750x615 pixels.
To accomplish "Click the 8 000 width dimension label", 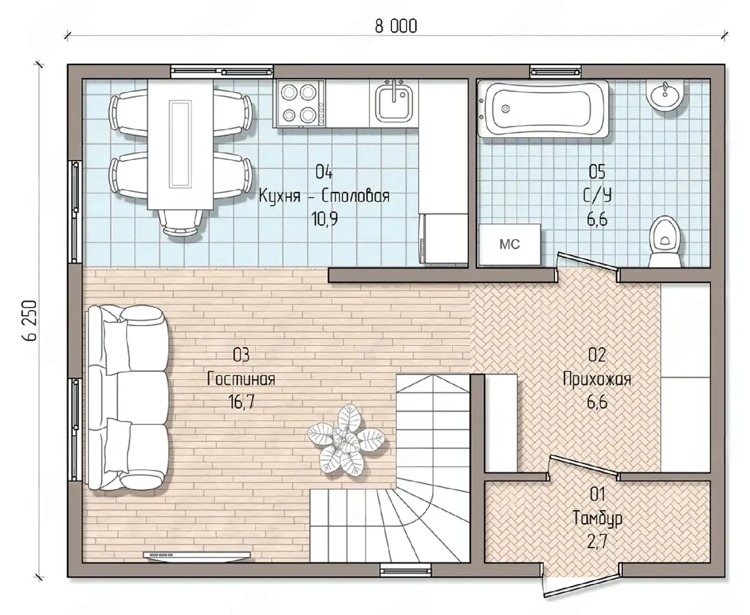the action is click(x=396, y=26).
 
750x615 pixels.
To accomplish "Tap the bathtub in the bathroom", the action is click(x=543, y=108).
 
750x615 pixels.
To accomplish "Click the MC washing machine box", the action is click(x=510, y=244).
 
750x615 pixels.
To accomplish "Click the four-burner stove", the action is click(x=299, y=104).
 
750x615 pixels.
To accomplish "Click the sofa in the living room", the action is click(x=128, y=398).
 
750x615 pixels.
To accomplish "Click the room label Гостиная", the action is click(x=241, y=380).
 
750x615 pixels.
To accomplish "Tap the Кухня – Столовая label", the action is click(x=324, y=196).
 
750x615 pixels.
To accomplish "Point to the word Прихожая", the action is click(x=597, y=380).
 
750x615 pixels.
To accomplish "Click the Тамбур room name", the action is click(x=598, y=518).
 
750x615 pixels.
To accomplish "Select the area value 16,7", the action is click(x=241, y=402).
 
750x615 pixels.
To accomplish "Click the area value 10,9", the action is click(x=325, y=219).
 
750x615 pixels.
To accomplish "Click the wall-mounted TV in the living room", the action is click(x=197, y=555).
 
